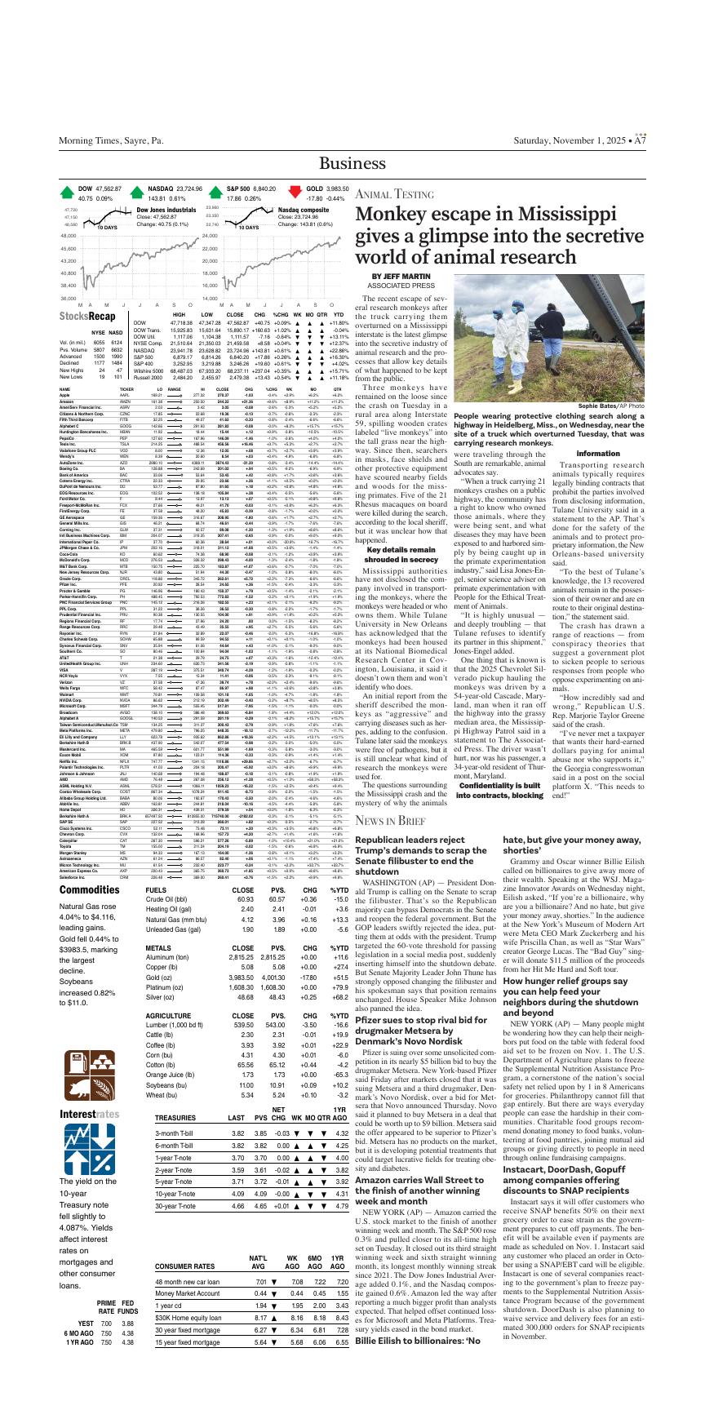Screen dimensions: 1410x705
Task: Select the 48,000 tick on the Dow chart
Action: pyautogui.click(x=67, y=236)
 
